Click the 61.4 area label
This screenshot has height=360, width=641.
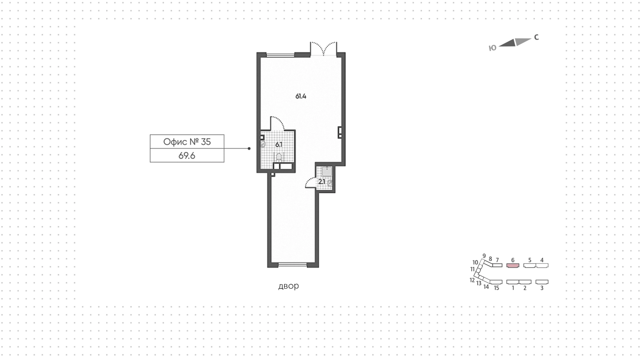tap(301, 97)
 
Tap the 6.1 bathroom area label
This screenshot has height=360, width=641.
tap(279, 145)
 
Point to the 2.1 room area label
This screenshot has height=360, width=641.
tap(322, 182)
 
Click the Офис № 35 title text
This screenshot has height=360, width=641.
tap(187, 142)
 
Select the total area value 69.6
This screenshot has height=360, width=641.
tap(187, 156)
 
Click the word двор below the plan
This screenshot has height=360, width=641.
tap(288, 286)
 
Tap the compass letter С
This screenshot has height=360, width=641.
tap(537, 37)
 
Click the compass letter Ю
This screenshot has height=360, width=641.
tap(492, 48)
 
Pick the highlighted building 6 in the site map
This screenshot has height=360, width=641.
tap(513, 265)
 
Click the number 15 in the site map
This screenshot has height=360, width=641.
tap(496, 288)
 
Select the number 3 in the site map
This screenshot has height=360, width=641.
tap(542, 288)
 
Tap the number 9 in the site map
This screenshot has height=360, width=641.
tap(484, 256)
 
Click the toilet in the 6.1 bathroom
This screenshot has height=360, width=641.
tap(279, 157)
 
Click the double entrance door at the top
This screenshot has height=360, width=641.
tap(323, 49)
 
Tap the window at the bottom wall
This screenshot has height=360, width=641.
tap(292, 265)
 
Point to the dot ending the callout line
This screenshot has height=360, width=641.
tap(249, 149)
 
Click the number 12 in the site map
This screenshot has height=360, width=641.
tap(472, 280)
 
